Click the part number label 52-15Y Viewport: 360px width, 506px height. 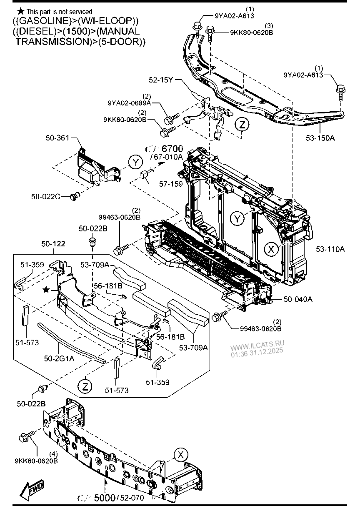pyautogui.click(x=161, y=80)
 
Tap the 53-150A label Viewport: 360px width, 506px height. pyautogui.click(x=320, y=138)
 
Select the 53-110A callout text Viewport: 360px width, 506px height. pyautogui.click(x=330, y=249)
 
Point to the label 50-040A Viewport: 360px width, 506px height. pyautogui.click(x=298, y=299)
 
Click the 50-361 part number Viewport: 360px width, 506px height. pyautogui.click(x=57, y=138)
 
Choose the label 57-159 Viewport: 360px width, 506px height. pyautogui.click(x=171, y=184)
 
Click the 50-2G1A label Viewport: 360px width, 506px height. pyautogui.click(x=59, y=358)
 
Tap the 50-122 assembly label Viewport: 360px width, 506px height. pyautogui.click(x=53, y=244)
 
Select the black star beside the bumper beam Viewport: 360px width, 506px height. pyautogui.click(x=46, y=289)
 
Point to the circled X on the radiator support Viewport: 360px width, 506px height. pyautogui.click(x=272, y=249)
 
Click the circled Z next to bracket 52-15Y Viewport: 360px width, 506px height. pyautogui.click(x=242, y=125)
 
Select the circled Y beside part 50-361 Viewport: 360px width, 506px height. pyautogui.click(x=136, y=163)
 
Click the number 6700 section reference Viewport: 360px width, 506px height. pyautogui.click(x=172, y=149)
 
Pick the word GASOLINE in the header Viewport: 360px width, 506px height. pyautogui.click(x=44, y=21)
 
